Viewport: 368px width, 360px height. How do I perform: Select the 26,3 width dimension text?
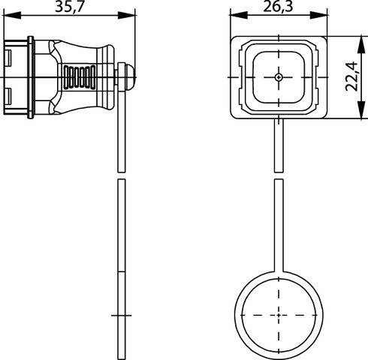pos(278,8)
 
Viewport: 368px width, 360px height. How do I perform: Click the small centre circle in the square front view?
pos(278,77)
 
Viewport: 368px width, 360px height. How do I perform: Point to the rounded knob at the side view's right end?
pos(129,76)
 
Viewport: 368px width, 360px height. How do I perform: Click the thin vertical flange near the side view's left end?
pos(29,77)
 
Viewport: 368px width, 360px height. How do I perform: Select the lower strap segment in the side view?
pos(121,262)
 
